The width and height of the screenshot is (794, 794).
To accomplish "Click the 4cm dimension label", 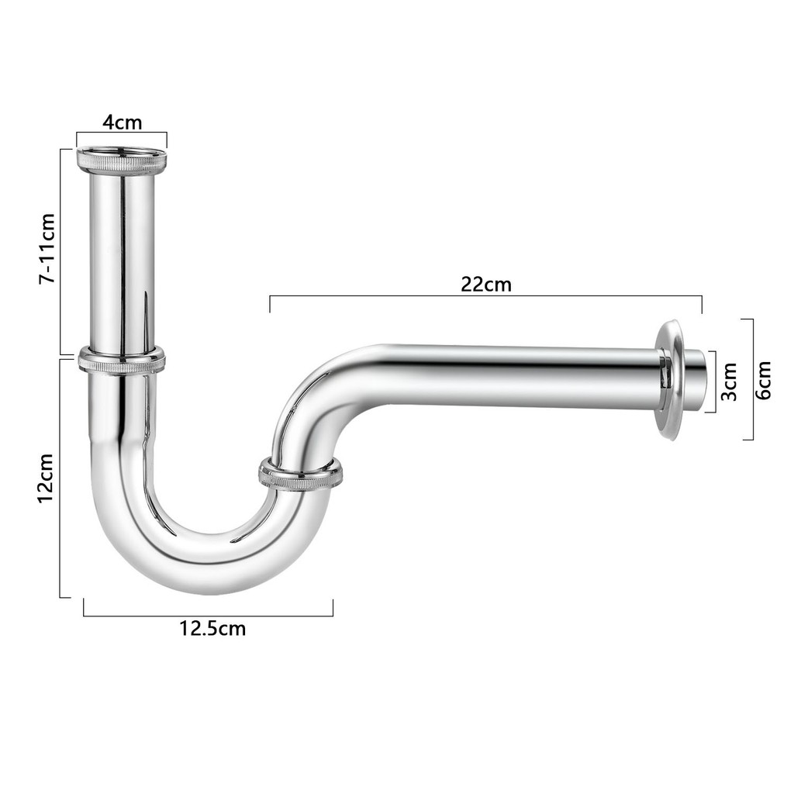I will pyautogui.click(x=123, y=123).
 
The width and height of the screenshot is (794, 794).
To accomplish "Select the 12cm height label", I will pyautogui.click(x=46, y=478).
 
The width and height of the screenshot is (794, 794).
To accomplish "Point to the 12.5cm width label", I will pyautogui.click(x=212, y=628).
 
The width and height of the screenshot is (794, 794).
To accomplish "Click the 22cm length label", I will pyautogui.click(x=486, y=284).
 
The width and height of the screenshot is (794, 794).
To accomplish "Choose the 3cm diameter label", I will pyautogui.click(x=729, y=379).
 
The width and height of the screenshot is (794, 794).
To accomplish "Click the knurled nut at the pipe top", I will pyautogui.click(x=122, y=161).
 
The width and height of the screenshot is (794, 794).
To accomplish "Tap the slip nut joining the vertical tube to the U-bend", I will pyautogui.click(x=122, y=361).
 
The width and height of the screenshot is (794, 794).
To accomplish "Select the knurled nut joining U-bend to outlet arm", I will pyautogui.click(x=300, y=474).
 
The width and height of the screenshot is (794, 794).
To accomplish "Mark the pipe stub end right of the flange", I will pyautogui.click(x=695, y=379).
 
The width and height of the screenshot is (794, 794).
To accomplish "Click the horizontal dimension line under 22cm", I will pyautogui.click(x=486, y=296).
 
